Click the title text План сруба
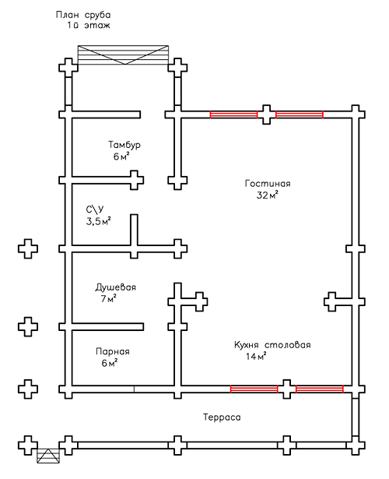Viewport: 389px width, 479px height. [x=83, y=15]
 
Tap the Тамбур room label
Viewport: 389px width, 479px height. [x=124, y=144]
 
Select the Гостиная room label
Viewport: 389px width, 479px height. [x=268, y=183]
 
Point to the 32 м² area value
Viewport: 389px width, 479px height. [x=268, y=195]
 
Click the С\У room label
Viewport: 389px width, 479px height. [x=95, y=210]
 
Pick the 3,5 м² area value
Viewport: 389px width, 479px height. [x=98, y=221]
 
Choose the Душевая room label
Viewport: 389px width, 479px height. [x=115, y=287]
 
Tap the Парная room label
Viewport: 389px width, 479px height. [x=113, y=351]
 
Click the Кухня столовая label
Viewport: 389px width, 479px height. [x=272, y=345]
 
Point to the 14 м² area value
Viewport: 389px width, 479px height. [x=256, y=356]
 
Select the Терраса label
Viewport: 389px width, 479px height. [x=222, y=417]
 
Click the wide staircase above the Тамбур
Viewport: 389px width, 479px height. [x=123, y=55]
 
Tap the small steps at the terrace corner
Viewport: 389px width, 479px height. [x=48, y=456]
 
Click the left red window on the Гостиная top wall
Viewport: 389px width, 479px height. [x=233, y=114]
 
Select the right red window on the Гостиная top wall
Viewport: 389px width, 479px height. [x=300, y=114]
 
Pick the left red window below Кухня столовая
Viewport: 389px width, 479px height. [x=254, y=389]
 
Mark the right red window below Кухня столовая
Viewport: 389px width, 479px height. [x=320, y=389]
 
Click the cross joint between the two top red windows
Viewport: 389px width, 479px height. [x=267, y=114]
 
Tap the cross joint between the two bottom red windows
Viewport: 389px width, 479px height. [x=287, y=389]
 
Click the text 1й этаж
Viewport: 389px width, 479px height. [x=89, y=25]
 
